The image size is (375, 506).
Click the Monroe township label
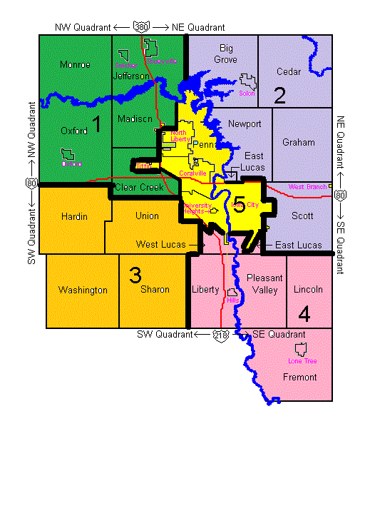pos(75,64)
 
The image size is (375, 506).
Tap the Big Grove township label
pos(226,54)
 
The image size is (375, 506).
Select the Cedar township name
pos(288,71)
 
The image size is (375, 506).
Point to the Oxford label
pos(74,131)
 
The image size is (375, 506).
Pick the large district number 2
pos(279,95)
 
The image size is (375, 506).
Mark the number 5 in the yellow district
pos(240,207)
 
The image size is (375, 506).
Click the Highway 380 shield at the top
pos(142,27)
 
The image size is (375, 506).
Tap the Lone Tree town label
pos(302,361)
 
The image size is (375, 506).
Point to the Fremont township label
pos(299,377)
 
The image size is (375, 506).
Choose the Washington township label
pos(83,290)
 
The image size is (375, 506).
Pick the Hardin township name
pos(74,216)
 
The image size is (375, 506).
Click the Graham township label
pos(298,142)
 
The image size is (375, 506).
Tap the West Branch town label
pos(307,187)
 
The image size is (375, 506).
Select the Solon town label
pos(247,93)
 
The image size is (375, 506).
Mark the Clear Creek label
pos(138,188)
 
